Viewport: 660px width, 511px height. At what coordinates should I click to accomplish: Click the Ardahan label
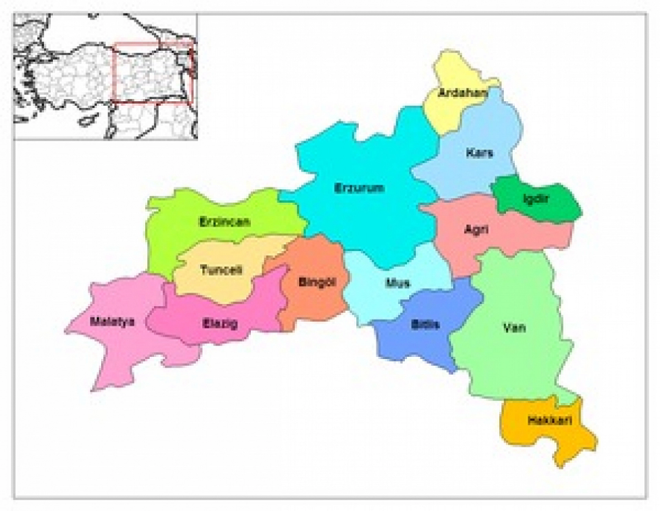click(x=463, y=93)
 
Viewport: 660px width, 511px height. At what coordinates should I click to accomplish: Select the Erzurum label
click(x=359, y=188)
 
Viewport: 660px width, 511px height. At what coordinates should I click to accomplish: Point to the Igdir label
click(x=536, y=199)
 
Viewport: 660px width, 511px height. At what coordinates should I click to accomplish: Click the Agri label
click(x=476, y=229)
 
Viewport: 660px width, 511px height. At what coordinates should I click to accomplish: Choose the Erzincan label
click(x=224, y=222)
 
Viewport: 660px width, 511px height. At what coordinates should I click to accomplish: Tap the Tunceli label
click(x=221, y=270)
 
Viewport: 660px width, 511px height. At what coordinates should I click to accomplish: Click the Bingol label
click(x=317, y=282)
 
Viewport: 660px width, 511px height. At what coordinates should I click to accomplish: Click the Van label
click(x=514, y=327)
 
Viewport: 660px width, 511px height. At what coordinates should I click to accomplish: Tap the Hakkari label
click(x=549, y=421)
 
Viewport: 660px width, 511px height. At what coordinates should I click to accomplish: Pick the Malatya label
click(x=112, y=322)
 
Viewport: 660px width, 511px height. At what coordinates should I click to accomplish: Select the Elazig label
click(x=220, y=324)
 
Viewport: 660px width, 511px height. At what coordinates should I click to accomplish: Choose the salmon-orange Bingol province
click(x=314, y=302)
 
